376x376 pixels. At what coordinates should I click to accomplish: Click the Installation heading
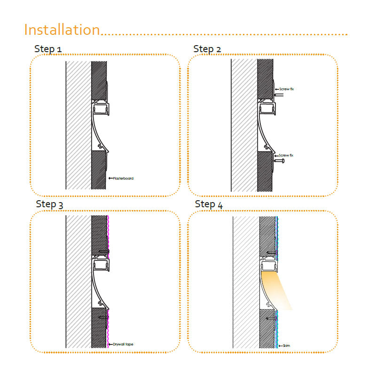coord(62,30)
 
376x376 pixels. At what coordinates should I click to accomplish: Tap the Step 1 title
coord(48,49)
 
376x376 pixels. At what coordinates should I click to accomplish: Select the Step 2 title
coord(207,49)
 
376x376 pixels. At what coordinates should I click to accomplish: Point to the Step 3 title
coord(49,204)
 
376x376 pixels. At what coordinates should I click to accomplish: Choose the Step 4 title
coord(209,204)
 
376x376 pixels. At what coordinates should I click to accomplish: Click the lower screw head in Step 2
coord(283,161)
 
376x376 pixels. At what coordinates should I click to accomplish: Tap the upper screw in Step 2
coord(279,95)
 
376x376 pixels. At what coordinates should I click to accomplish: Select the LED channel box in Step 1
coord(101,109)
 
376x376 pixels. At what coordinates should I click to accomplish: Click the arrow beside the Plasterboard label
coord(110,178)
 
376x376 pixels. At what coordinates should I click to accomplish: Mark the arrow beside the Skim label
coord(281,345)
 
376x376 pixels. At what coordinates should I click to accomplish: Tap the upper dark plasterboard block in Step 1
coord(99,80)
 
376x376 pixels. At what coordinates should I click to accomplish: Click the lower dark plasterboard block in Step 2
coord(265,171)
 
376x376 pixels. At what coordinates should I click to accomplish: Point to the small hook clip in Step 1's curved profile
coord(100,146)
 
